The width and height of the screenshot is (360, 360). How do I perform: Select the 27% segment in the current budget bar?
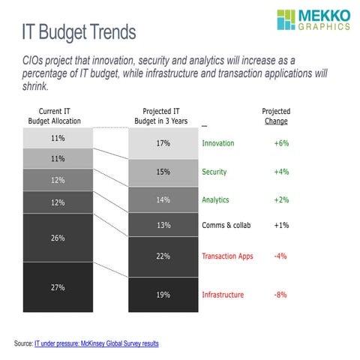57,288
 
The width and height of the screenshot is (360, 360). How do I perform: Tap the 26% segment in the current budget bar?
57,238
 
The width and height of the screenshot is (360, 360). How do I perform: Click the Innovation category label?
218,143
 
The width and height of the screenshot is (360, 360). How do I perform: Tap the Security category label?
215,172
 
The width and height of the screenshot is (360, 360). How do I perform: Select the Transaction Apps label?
227,256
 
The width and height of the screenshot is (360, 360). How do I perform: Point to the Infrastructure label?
223,295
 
